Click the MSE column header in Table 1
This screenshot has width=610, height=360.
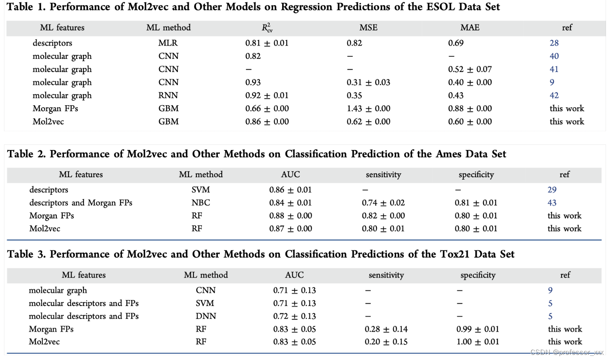tap(368, 28)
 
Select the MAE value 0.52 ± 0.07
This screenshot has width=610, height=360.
tap(470, 69)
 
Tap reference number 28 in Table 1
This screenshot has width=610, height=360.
tap(554, 43)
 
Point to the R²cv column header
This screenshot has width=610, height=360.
tap(267, 28)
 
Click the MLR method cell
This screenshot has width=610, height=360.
tap(168, 43)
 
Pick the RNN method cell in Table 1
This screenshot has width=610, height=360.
tap(168, 95)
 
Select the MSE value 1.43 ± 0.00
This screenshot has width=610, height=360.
tap(368, 108)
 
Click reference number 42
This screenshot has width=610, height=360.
tap(554, 95)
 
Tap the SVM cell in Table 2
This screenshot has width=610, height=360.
tap(201, 190)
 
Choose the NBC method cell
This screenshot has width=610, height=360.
tap(201, 203)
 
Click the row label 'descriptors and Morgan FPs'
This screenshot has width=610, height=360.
tap(81, 203)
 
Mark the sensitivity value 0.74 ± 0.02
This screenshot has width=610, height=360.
tap(383, 203)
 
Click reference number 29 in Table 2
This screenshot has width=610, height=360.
tap(552, 190)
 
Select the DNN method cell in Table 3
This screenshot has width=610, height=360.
tap(206, 316)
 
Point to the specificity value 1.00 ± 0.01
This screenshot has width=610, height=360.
tap(478, 342)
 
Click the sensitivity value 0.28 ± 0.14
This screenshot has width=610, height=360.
tap(386, 329)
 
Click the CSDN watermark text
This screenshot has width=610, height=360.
tap(567, 352)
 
